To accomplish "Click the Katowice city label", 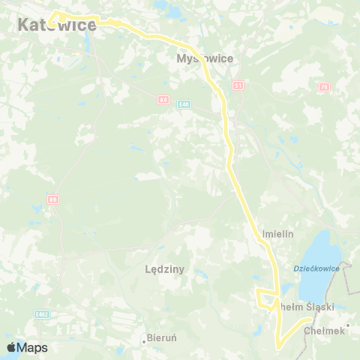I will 56,25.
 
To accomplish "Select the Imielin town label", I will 277,234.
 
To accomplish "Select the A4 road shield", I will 164,98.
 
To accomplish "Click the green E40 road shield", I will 183,104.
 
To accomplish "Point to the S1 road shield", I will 237,85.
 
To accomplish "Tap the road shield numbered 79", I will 324,87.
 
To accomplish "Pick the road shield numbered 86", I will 52,199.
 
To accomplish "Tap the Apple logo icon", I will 10,347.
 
